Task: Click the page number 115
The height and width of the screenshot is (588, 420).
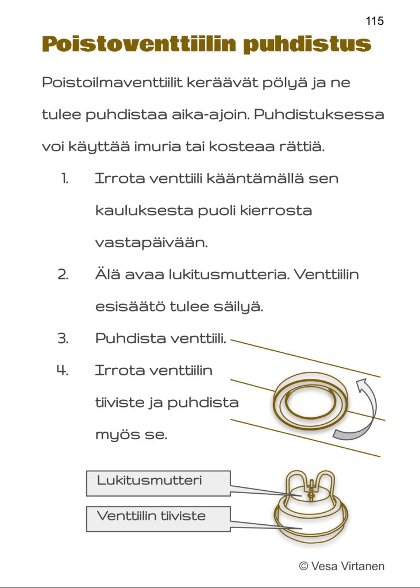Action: tap(374, 21)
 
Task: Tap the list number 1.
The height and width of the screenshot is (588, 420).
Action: tap(65, 179)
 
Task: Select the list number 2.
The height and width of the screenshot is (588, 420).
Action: tap(63, 275)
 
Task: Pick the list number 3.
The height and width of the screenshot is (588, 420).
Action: tap(63, 339)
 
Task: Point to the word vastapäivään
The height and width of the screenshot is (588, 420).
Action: tap(151, 243)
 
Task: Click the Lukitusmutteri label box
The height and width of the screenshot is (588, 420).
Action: tap(158, 483)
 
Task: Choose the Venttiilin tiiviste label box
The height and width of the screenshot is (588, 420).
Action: tap(158, 518)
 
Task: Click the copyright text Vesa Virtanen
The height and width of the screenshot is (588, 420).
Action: tap(341, 566)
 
